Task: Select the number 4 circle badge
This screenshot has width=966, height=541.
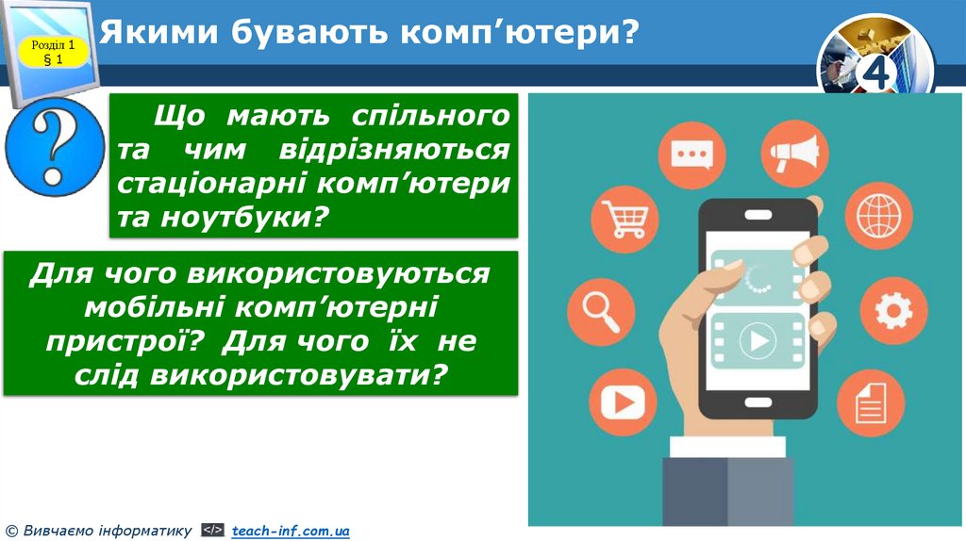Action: [876, 73]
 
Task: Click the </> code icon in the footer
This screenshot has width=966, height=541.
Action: [213, 532]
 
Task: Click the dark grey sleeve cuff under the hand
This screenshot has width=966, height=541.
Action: [726, 490]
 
